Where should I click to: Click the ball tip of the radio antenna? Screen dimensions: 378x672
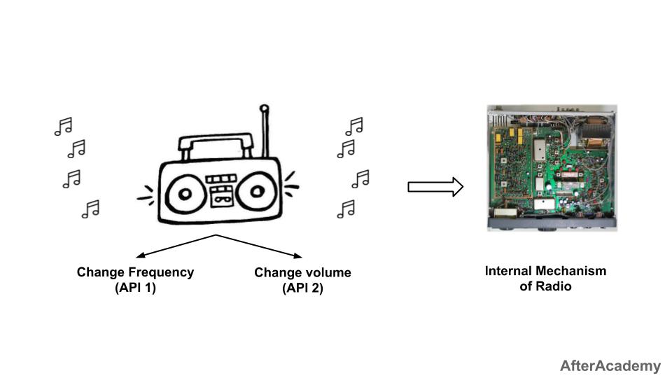click(264, 108)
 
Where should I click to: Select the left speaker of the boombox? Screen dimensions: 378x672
click(184, 193)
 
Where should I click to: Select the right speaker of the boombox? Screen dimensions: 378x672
click(256, 191)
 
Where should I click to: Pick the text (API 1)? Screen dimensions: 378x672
click(135, 287)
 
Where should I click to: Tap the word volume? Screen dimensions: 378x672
click(328, 272)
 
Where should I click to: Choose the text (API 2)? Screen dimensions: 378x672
click(302, 287)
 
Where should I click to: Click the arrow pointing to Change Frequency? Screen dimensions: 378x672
click(175, 246)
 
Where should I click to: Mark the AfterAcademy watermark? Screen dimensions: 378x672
click(610, 365)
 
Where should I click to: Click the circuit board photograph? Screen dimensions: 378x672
click(552, 168)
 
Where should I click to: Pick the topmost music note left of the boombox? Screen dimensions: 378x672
click(64, 126)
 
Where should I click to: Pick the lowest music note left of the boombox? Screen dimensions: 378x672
click(90, 209)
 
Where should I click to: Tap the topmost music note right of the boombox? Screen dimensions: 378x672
click(354, 126)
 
